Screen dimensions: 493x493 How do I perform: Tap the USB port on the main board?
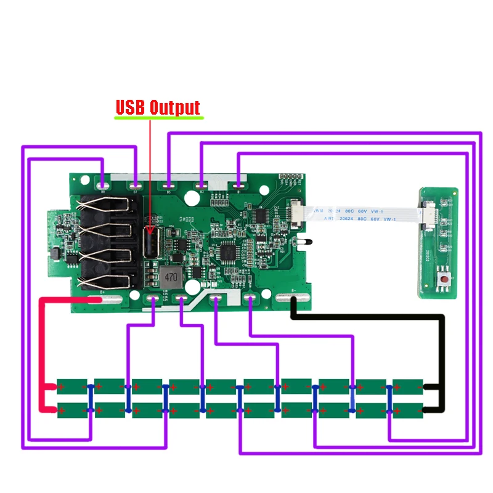point(150,242)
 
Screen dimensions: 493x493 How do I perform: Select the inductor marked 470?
point(169,277)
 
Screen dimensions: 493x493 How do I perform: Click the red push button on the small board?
point(444,281)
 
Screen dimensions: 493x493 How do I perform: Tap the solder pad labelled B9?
point(102,184)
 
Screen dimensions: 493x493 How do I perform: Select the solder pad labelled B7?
point(136,184)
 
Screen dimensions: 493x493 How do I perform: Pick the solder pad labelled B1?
point(238,184)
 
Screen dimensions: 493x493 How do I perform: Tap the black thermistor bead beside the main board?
point(301,242)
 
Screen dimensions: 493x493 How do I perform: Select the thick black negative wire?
point(370,319)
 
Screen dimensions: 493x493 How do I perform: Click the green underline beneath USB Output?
point(159,117)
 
